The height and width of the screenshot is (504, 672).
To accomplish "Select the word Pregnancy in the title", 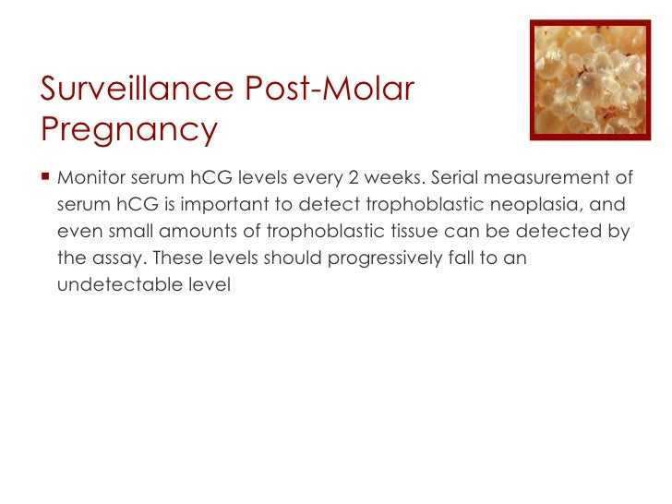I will tap(128, 130).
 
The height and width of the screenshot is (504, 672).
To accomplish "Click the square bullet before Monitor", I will tap(45, 176).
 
